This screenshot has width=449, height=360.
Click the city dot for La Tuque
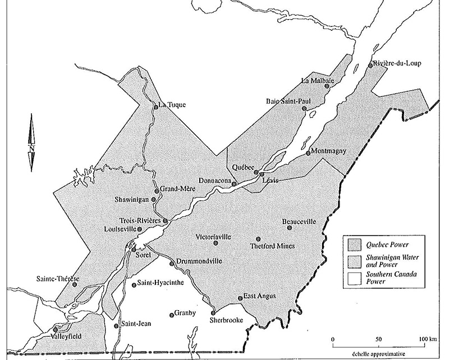click(155, 104)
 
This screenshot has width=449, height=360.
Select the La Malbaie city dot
click(327, 87)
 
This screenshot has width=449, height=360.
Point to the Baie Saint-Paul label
click(287, 101)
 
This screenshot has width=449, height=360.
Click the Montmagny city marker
click(308, 153)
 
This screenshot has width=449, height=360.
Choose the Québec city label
click(243, 167)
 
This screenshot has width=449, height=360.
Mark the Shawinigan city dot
click(153, 199)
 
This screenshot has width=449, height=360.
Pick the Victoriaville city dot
click(216, 243)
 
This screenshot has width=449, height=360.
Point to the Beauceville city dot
click(290, 228)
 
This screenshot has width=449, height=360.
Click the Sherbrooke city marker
click(213, 312)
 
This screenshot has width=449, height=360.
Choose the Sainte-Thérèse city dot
click(75, 284)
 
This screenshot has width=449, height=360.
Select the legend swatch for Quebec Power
click(354, 244)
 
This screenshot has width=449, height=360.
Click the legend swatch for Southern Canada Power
click(354, 278)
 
